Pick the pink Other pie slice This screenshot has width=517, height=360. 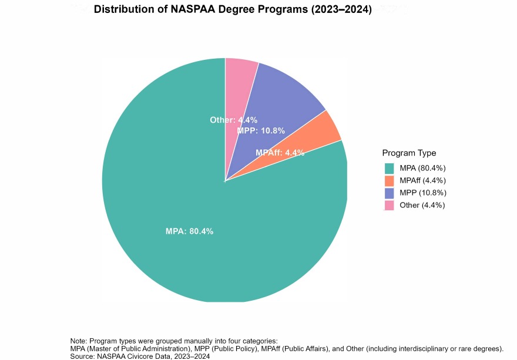pos(240,82)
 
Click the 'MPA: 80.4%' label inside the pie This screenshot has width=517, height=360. pos(189,231)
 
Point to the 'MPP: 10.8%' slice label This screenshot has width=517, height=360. pos(261,130)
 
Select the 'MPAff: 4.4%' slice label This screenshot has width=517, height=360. pos(280,153)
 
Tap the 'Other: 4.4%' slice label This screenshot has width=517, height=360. pos(233,120)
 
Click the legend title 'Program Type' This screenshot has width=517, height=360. pos(409,153)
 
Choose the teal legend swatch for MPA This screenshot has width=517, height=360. pos(390,168)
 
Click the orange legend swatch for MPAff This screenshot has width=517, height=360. pos(390,180)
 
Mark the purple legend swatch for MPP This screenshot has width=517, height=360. pos(390,193)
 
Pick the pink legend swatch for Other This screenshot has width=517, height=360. pos(390,205)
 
